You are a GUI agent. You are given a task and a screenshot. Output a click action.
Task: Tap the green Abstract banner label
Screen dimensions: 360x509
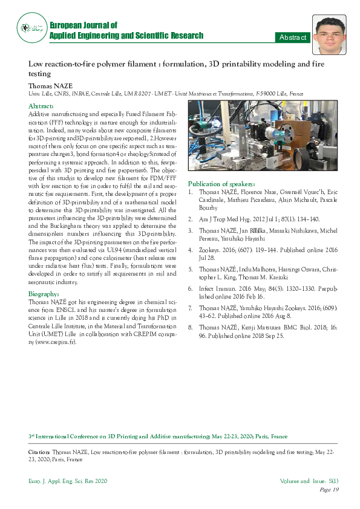click(x=292, y=37)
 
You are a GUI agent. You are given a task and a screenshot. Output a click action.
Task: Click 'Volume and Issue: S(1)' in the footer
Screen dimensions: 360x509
click(x=309, y=481)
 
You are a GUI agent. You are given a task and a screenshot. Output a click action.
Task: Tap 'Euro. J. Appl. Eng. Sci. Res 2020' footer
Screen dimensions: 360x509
click(x=67, y=481)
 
